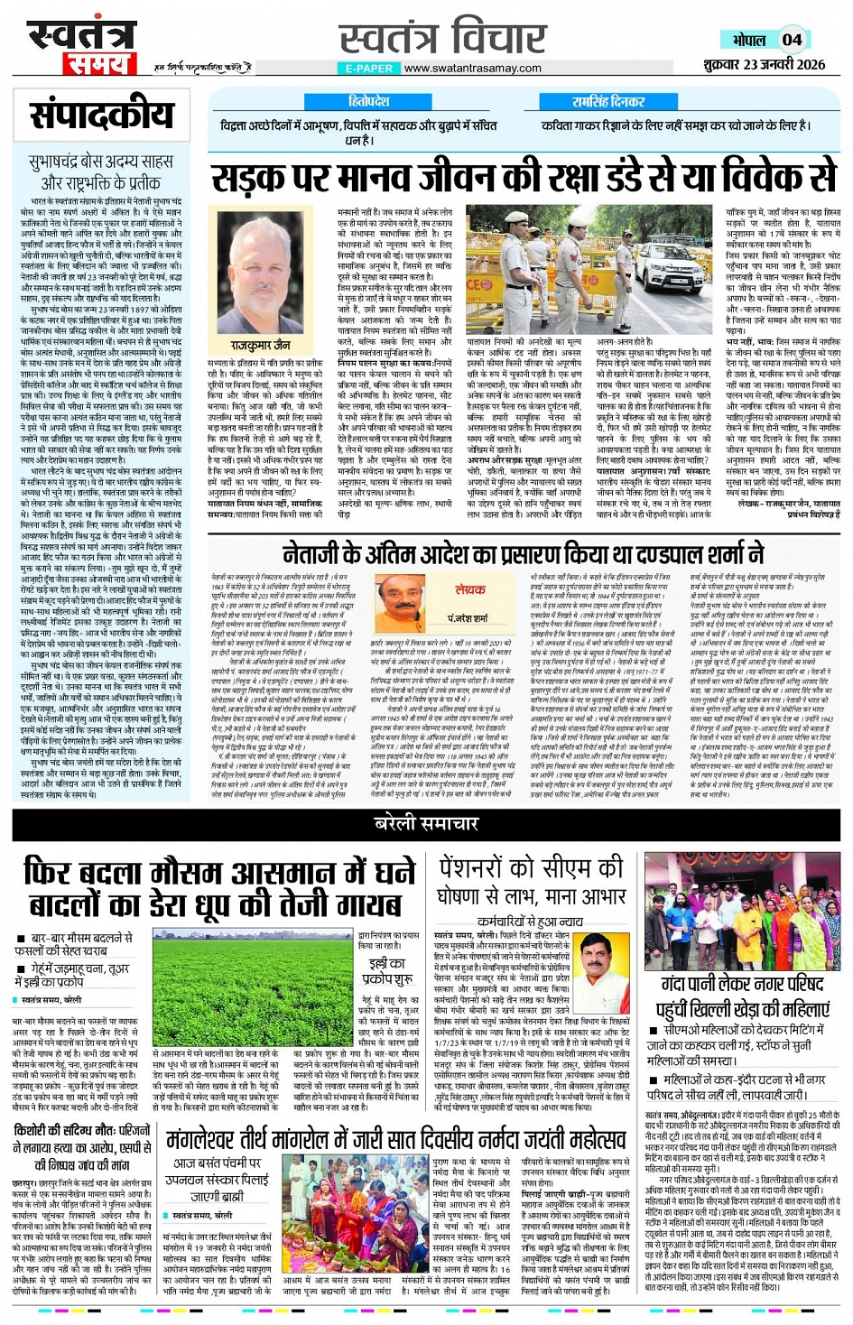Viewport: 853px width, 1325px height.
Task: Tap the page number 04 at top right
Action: (x=792, y=40)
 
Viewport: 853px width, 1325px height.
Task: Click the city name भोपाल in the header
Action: (x=749, y=41)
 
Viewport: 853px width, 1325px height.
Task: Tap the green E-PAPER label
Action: (x=369, y=68)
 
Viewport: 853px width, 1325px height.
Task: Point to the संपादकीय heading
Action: (x=101, y=116)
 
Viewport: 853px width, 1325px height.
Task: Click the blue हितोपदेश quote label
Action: (x=368, y=102)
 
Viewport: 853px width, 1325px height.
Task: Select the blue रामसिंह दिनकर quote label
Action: (x=607, y=102)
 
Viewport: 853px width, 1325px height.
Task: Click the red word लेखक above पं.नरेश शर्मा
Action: (x=470, y=589)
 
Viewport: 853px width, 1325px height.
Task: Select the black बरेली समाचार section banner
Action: (x=426, y=823)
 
